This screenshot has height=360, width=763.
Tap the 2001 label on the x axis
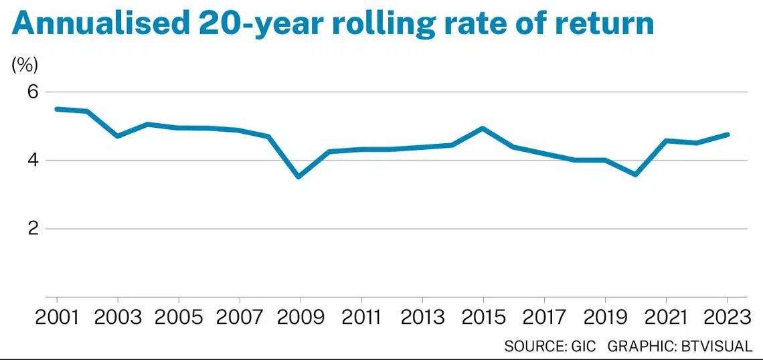click(x=58, y=318)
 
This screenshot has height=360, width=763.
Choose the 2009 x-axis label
click(x=301, y=318)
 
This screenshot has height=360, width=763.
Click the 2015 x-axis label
click(x=483, y=318)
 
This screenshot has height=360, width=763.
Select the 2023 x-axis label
click(x=727, y=318)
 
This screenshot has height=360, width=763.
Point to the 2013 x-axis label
click(x=422, y=318)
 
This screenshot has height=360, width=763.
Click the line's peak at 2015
click(x=482, y=128)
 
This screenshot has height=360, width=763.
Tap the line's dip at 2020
click(x=636, y=174)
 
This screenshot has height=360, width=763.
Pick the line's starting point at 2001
click(x=57, y=109)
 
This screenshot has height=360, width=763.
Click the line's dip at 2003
click(x=118, y=136)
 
